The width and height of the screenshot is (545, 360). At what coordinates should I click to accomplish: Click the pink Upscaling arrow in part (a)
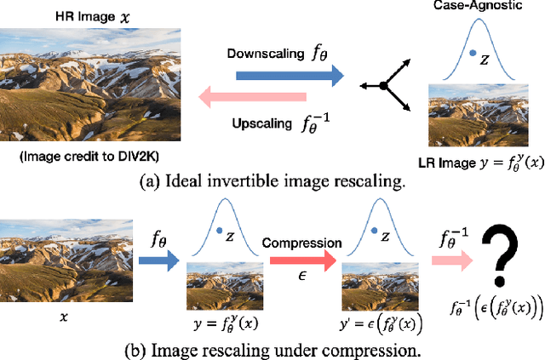click(x=264, y=99)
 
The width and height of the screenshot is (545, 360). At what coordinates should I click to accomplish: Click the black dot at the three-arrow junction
click(x=384, y=86)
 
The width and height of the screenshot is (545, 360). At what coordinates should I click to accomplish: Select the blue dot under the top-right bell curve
click(x=472, y=54)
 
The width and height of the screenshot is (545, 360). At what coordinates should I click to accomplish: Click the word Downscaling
click(x=260, y=53)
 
